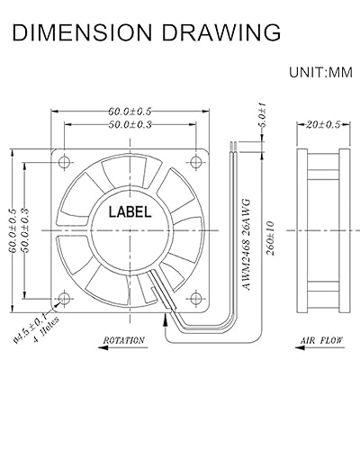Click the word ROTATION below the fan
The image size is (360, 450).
(124, 342)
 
